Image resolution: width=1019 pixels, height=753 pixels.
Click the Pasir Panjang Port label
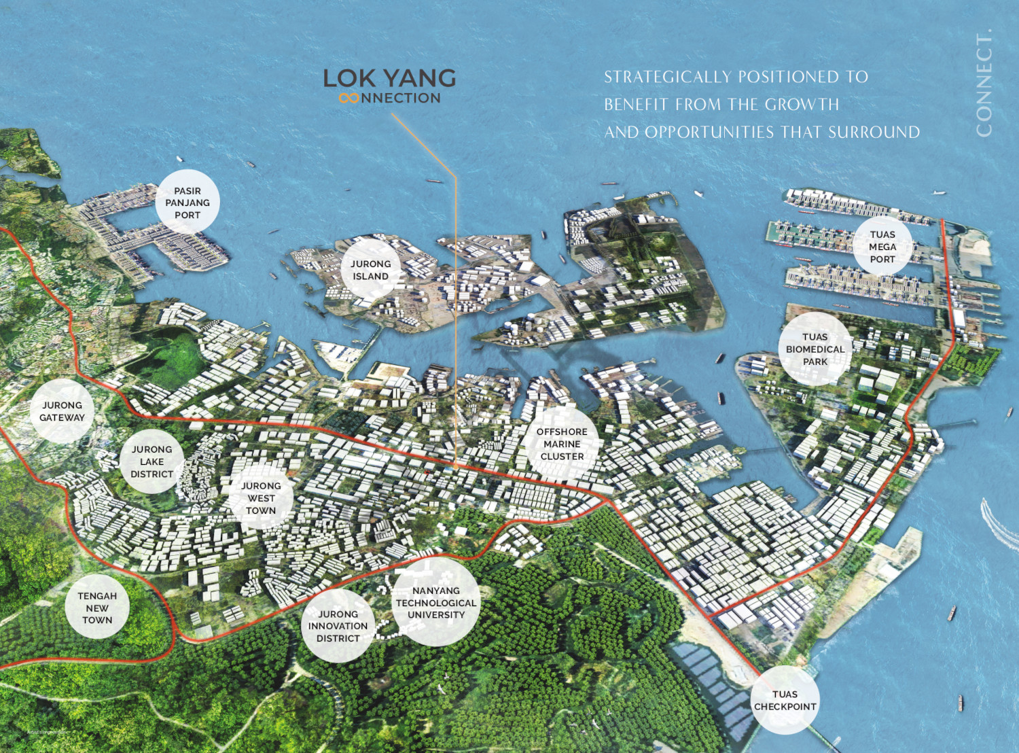click(x=187, y=203)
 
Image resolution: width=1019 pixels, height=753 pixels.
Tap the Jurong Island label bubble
click(x=370, y=270)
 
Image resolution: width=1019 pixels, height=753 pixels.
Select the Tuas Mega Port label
click(x=882, y=247)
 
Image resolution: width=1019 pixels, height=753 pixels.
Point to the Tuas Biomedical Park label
click(x=815, y=349)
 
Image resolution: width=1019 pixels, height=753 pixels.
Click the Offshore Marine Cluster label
click(x=562, y=444)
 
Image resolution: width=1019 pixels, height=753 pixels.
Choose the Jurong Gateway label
click(x=62, y=411)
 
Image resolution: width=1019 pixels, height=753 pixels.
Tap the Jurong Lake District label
click(x=151, y=461)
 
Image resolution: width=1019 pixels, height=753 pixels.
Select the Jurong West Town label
click(x=261, y=498)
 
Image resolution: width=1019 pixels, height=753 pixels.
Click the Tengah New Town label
click(x=97, y=608)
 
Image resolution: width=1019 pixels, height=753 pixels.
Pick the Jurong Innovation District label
click(x=338, y=626)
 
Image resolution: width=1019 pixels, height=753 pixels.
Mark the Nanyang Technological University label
click(x=436, y=603)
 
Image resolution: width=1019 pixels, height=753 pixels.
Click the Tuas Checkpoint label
click(x=785, y=700)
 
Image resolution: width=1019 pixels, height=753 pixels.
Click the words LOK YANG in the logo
click(x=389, y=78)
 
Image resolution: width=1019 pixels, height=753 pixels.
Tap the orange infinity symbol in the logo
click(x=348, y=99)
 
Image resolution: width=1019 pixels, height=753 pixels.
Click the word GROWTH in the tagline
click(x=802, y=105)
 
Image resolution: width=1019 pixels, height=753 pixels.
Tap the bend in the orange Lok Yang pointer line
click(x=455, y=176)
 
